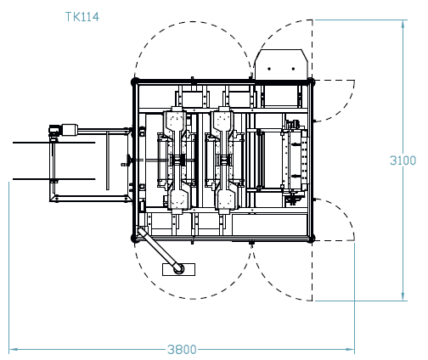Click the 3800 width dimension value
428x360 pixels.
[181, 349]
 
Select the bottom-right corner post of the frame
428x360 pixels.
[312, 239]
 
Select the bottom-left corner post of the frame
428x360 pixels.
[134, 239]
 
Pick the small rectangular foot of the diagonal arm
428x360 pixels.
[177, 269]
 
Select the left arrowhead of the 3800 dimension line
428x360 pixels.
[13, 348]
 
